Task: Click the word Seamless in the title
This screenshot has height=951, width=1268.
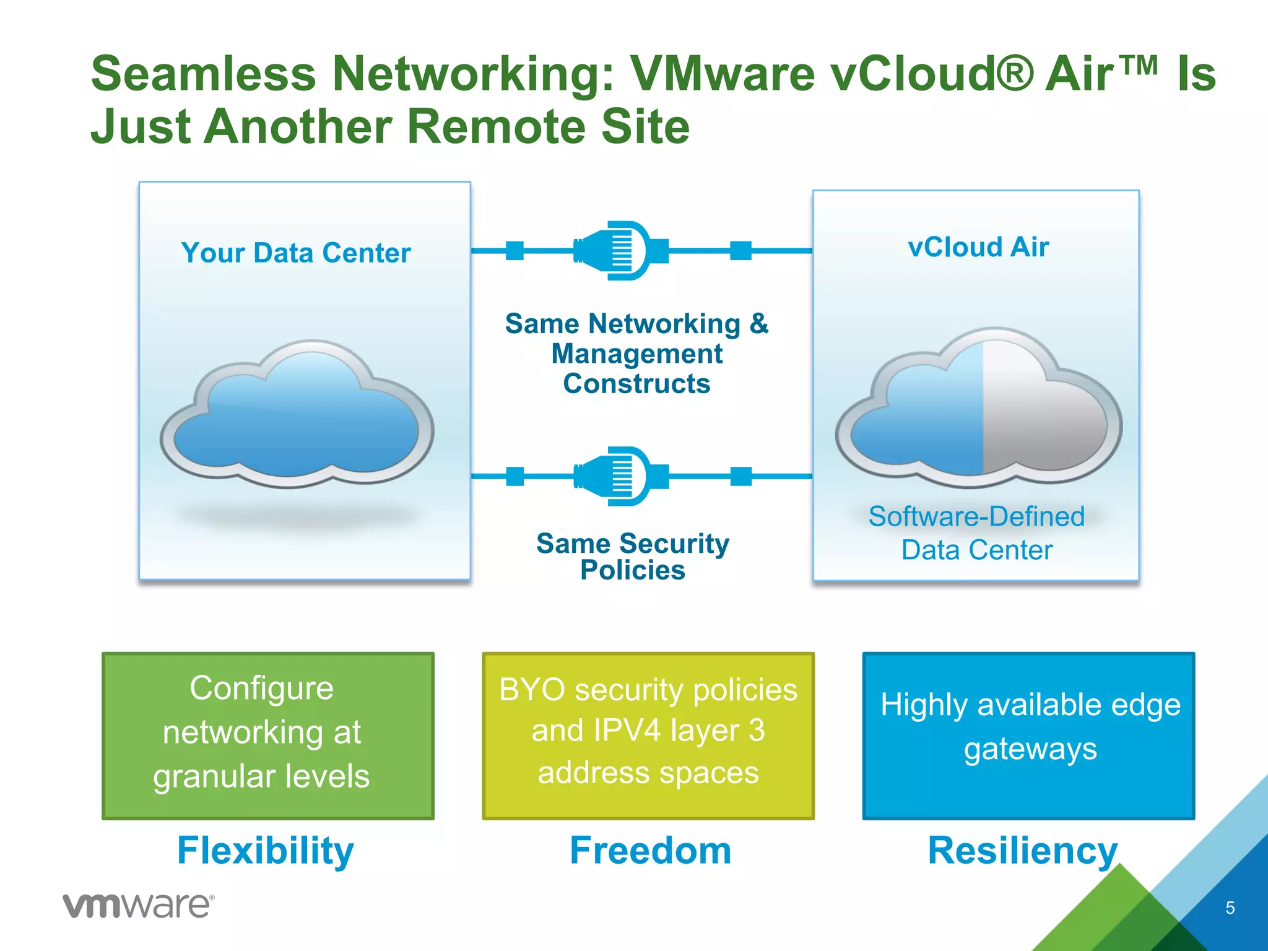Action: tap(204, 74)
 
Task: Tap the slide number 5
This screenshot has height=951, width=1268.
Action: tap(1230, 908)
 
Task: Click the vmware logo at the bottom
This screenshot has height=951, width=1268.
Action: tap(139, 906)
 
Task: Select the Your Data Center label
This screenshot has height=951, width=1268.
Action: tap(296, 253)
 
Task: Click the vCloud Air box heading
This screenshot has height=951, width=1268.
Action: tap(978, 247)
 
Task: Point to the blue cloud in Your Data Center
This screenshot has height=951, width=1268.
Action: tap(297, 415)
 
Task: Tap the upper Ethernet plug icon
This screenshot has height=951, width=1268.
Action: tap(619, 251)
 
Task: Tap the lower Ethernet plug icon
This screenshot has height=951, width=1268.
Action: tap(619, 476)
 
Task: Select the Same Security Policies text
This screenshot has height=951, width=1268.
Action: tap(633, 556)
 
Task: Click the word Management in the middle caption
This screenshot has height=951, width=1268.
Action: tap(636, 354)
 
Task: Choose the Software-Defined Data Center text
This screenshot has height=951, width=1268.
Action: tap(976, 533)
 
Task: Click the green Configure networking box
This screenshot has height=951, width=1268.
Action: tap(268, 735)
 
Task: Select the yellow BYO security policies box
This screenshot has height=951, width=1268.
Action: tap(648, 735)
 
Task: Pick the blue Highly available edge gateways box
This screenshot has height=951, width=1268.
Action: tap(1028, 735)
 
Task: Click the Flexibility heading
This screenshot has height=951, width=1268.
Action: tap(266, 850)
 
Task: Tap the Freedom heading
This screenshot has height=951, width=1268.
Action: tap(650, 850)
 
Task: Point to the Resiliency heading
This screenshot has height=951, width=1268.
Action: tap(1022, 850)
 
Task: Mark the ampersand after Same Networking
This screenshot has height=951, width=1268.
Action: tap(759, 323)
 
